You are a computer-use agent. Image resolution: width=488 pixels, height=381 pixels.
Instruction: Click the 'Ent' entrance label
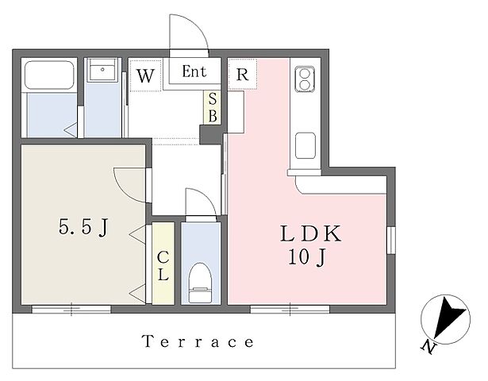[194, 71]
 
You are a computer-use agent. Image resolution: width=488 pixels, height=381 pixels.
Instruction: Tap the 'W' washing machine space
[146, 75]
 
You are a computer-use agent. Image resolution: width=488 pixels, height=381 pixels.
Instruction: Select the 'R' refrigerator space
[243, 74]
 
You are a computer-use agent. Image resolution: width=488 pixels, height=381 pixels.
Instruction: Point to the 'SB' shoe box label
[213, 108]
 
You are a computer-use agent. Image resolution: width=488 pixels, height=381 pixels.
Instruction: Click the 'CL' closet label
[163, 266]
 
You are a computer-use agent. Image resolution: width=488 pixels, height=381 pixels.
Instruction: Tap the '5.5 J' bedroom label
[83, 227]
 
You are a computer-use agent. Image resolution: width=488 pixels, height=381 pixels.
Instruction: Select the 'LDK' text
[310, 234]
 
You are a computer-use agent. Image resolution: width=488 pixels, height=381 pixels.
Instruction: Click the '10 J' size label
[307, 258]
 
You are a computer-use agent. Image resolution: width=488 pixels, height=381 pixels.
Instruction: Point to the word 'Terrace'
[198, 342]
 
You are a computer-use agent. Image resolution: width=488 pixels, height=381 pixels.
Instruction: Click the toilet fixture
[201, 283]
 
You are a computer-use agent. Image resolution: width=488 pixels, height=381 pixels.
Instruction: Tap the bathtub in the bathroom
[49, 75]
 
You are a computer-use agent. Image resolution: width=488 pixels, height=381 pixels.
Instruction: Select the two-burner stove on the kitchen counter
[304, 79]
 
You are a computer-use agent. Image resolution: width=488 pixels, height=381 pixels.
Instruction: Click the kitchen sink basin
[305, 145]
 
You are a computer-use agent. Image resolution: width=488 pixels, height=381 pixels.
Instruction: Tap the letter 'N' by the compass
[428, 348]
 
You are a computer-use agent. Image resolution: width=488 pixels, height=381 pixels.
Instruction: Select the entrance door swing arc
[196, 23]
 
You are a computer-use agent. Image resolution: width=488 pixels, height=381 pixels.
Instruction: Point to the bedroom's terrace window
[71, 309]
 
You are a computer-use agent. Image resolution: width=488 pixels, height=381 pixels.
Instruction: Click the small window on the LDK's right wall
[391, 240]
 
